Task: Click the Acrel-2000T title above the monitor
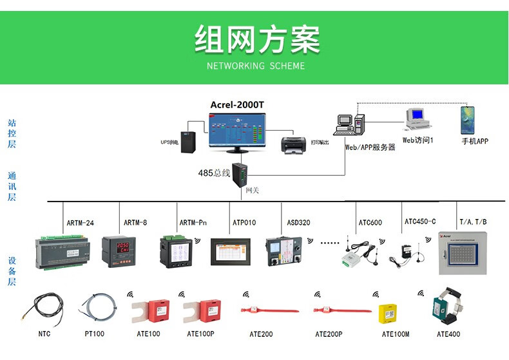236,106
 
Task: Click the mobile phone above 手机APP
467,121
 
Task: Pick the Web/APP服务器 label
370,147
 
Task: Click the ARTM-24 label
81,223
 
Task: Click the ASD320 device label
298,223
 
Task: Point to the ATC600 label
370,223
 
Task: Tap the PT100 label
95,334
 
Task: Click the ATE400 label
448,334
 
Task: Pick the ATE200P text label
329,334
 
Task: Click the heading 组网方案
256,40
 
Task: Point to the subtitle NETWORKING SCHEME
256,66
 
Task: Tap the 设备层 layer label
12,271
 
